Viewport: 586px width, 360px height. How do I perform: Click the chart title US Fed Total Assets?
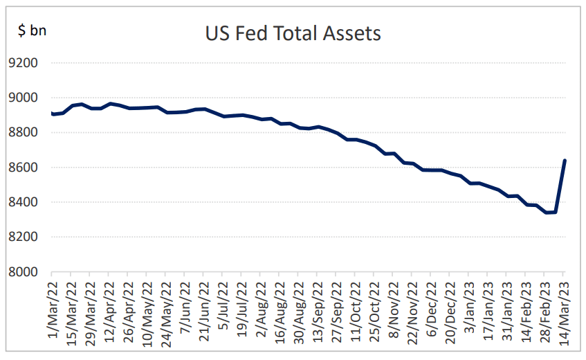point(293,33)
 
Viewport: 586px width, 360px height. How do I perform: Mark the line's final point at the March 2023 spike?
point(565,161)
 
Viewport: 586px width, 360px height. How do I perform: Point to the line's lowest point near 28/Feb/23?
point(547,213)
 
